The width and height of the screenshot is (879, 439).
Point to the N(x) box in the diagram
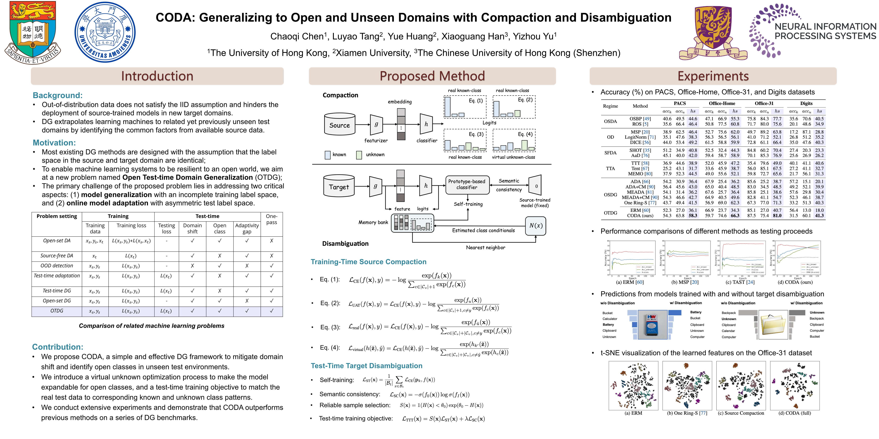[x=535, y=226]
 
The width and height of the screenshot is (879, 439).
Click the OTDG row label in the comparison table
[x=57, y=311]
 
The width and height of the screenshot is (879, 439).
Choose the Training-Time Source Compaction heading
[x=368, y=262]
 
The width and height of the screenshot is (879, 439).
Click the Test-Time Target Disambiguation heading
[x=366, y=366]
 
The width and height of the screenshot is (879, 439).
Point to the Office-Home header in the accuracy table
[x=722, y=103]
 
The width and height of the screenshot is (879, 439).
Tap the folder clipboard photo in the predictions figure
[x=773, y=325]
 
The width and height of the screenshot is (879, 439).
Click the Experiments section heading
[x=713, y=76]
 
